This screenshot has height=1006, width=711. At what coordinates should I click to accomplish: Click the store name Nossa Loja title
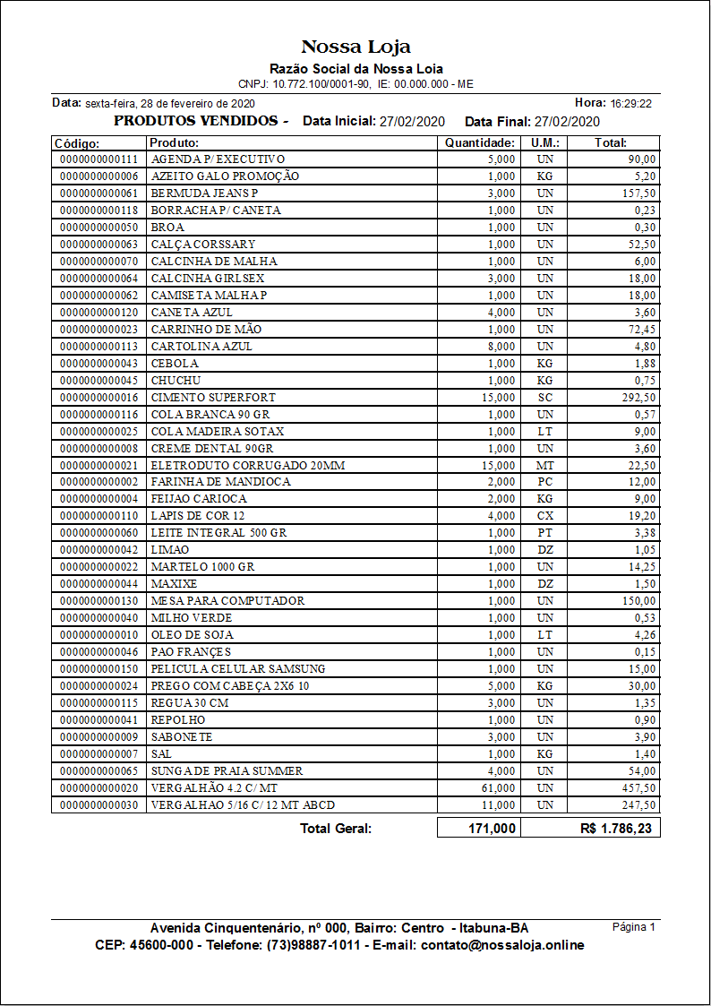(x=355, y=47)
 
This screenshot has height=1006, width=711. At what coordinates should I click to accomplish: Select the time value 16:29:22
(x=630, y=104)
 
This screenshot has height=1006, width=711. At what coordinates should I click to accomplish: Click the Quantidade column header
(x=480, y=142)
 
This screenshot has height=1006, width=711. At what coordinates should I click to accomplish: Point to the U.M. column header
(x=545, y=142)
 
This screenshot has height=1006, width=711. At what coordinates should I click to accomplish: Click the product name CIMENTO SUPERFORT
(x=213, y=397)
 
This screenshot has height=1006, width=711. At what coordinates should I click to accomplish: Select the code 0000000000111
(x=99, y=159)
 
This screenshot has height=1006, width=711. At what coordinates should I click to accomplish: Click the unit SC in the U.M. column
(x=545, y=397)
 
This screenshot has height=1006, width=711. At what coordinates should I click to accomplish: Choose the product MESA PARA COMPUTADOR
(x=227, y=600)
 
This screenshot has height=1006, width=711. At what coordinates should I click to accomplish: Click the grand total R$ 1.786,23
(x=616, y=829)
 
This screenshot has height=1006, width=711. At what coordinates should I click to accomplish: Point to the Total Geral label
(x=336, y=829)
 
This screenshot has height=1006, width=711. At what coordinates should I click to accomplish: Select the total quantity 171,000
(x=492, y=829)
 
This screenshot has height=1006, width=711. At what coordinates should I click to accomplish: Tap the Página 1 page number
(x=634, y=927)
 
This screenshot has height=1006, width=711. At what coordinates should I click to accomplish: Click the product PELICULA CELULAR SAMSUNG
(x=238, y=668)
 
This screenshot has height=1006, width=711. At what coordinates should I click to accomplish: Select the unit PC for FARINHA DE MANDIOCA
(x=545, y=481)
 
